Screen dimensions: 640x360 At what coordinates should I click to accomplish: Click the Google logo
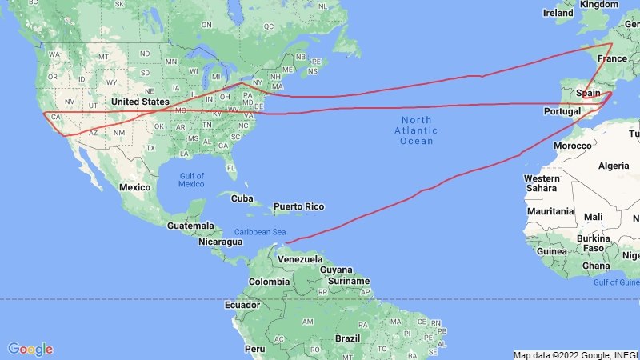tap(30, 349)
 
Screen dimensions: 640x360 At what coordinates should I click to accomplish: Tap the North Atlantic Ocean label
tap(416, 130)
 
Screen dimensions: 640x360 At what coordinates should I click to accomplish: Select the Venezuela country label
tap(300, 260)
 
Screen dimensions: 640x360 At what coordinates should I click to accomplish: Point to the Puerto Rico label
tap(298, 206)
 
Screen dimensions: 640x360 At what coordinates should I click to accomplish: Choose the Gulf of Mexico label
tap(191, 180)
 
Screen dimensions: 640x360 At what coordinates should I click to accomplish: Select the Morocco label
tap(573, 146)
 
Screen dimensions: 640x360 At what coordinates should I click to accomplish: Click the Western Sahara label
tap(542, 182)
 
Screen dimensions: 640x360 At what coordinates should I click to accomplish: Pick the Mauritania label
tap(551, 211)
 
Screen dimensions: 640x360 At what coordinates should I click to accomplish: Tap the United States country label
tap(140, 102)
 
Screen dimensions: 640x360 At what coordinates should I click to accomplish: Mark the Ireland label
tap(558, 13)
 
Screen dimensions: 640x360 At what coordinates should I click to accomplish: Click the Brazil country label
tap(349, 338)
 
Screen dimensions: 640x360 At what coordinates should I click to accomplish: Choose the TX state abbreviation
tap(150, 149)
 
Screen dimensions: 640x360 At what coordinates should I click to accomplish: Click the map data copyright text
tap(575, 355)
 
